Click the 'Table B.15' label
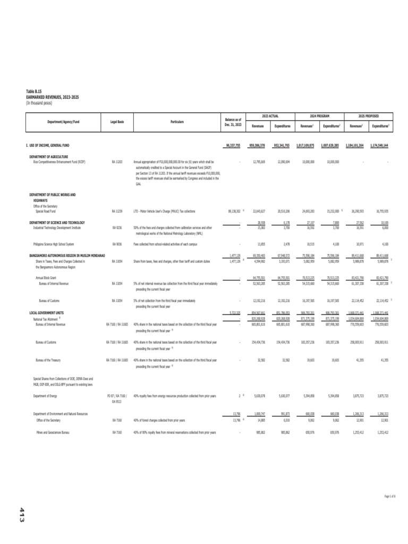point(34,91)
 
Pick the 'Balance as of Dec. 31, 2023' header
point(232,122)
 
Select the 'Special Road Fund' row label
point(46,211)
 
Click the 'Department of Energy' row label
point(46,396)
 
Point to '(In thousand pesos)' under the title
point(39,103)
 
